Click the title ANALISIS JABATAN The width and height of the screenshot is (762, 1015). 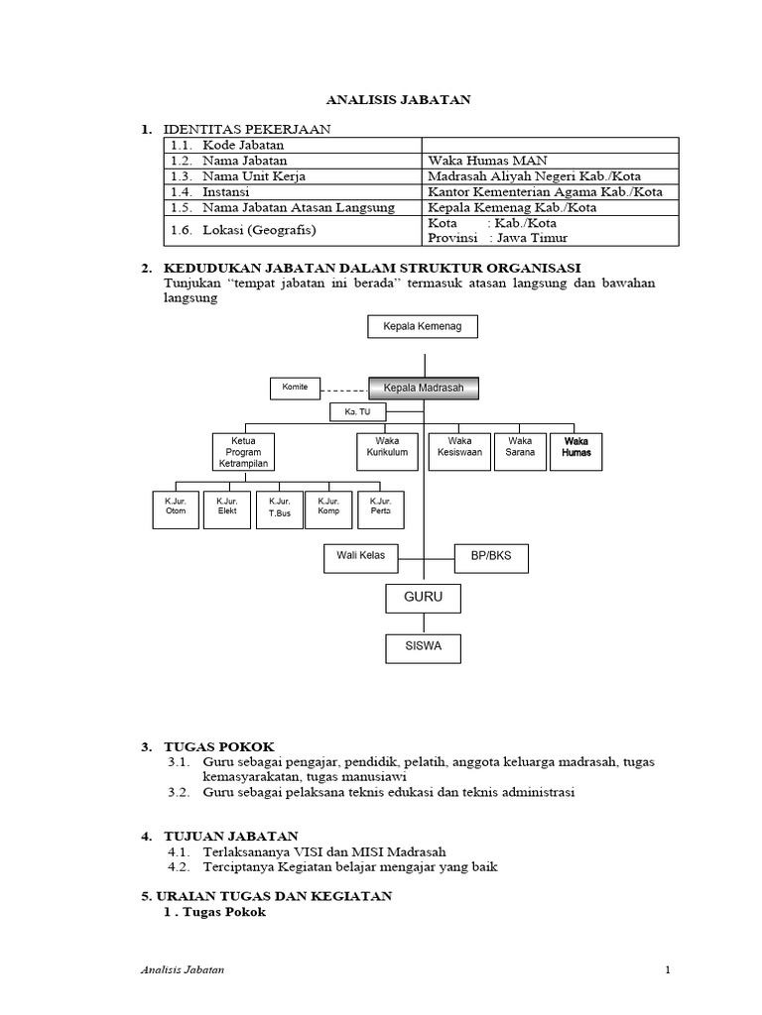tap(399, 99)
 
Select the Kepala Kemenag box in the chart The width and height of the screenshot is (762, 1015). tap(423, 326)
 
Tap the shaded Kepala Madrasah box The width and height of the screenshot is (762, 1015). tap(424, 388)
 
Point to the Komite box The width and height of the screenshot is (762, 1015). tap(295, 388)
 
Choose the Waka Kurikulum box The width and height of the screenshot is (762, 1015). tap(385, 450)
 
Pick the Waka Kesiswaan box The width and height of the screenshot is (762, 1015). tap(459, 450)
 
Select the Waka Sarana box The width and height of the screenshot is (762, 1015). tap(519, 450)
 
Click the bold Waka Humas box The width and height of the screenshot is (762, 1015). tap(575, 450)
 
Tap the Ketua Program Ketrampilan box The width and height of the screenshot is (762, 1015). tap(242, 451)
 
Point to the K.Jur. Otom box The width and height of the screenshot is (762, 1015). tap(175, 508)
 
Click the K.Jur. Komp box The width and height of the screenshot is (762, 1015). tap(328, 508)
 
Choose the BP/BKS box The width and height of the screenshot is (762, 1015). tap(490, 558)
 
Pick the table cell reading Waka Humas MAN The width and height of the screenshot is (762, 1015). tap(486, 161)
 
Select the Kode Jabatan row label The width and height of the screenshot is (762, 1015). tap(242, 145)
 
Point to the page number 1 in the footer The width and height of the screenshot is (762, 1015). tap(669, 968)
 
